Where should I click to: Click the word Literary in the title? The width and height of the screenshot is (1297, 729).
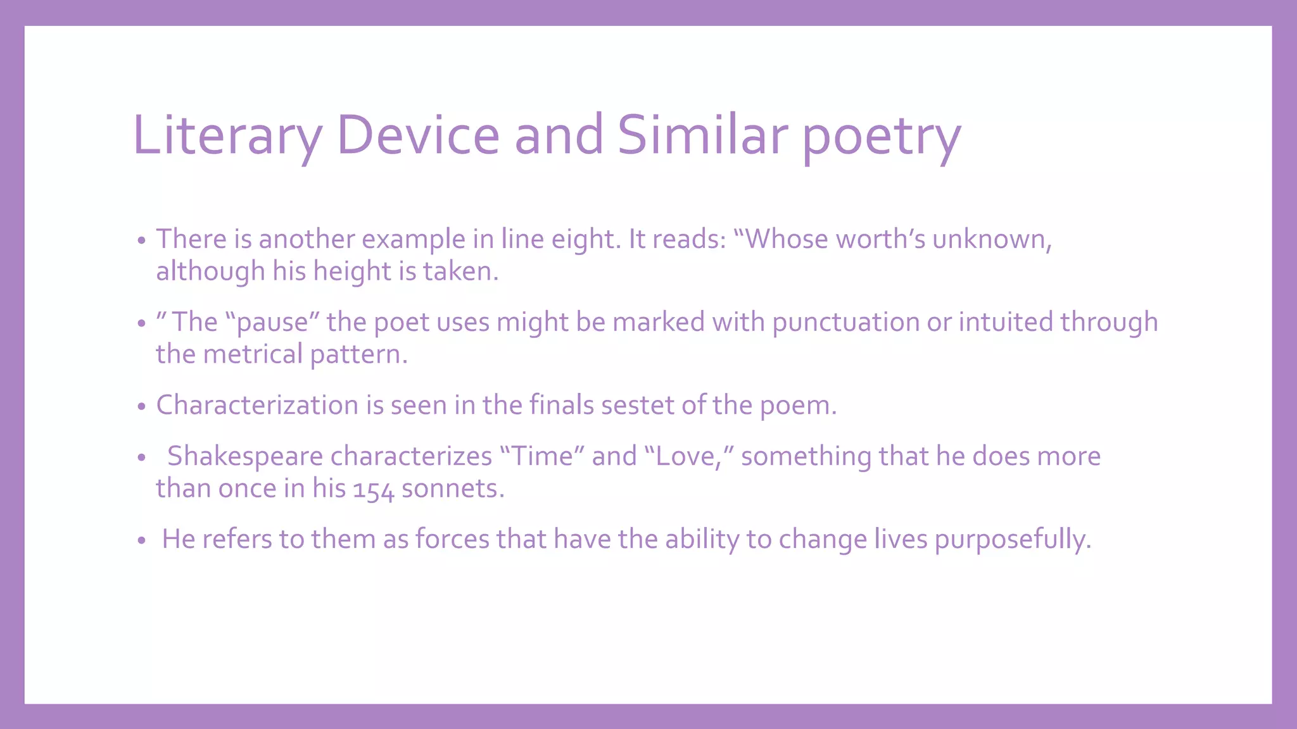point(227,135)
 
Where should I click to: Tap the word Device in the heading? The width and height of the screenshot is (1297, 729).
point(418,135)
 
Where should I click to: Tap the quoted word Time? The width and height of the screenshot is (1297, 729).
point(542,456)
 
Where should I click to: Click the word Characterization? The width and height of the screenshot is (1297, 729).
point(257,405)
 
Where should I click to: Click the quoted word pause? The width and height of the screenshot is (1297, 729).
point(272,322)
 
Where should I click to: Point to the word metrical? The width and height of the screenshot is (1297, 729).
point(253,354)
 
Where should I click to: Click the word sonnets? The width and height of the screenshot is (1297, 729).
point(452,489)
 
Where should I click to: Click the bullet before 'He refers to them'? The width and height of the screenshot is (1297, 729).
point(142,540)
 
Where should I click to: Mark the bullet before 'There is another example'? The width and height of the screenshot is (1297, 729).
point(142,240)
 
